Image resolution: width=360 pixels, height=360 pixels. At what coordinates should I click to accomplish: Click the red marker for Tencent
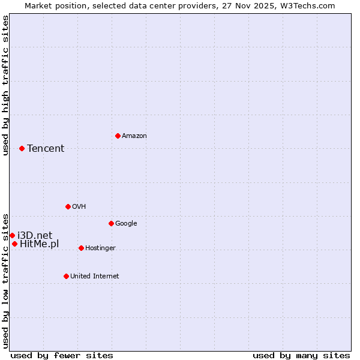click(x=22, y=148)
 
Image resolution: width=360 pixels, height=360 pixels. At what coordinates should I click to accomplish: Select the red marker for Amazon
click(x=118, y=136)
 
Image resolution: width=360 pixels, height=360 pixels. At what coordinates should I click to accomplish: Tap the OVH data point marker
click(x=68, y=206)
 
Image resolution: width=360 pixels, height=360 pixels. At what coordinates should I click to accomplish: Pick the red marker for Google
click(x=111, y=223)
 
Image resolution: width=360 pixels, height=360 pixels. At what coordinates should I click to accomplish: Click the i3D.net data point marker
click(x=12, y=235)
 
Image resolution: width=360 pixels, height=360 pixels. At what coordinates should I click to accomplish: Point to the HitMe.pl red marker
click(x=14, y=244)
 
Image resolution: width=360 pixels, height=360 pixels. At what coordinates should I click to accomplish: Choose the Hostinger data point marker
click(x=81, y=248)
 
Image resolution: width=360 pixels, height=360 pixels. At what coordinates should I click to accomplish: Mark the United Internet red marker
click(x=66, y=276)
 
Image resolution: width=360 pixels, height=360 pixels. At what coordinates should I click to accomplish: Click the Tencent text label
click(x=46, y=149)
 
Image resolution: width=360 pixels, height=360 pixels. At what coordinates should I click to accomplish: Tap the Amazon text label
click(x=134, y=136)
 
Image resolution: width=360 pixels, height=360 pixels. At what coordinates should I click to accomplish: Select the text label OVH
click(x=79, y=207)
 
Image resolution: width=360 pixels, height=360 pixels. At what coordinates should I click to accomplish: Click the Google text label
click(x=126, y=224)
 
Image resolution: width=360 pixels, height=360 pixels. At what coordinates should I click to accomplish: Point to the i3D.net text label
click(x=35, y=235)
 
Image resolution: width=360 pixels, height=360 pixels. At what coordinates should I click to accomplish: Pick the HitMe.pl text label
click(x=40, y=244)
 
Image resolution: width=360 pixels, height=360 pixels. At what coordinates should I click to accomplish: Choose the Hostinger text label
click(x=100, y=248)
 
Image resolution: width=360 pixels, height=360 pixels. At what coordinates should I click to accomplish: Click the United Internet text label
click(x=94, y=277)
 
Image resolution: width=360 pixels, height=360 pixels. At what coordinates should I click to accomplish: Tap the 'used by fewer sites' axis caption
click(x=62, y=355)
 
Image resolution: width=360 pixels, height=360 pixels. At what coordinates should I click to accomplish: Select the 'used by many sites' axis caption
click(x=301, y=355)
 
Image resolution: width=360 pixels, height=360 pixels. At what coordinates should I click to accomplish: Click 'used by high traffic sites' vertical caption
click(x=5, y=85)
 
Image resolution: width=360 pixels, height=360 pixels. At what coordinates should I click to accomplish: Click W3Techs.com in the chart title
click(x=306, y=5)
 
